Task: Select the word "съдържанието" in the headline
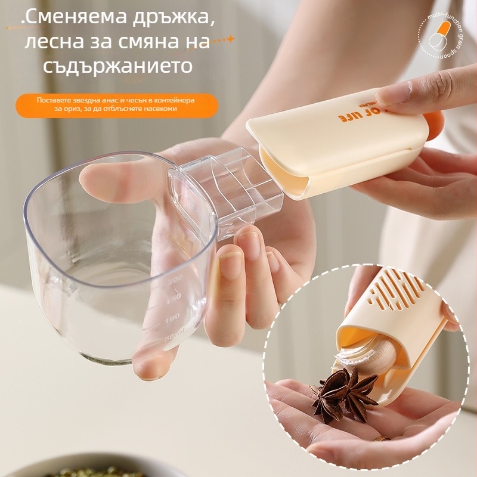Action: click(118, 66)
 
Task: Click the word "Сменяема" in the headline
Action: click(78, 18)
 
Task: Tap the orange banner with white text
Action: click(116, 104)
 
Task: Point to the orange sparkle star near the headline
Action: click(230, 39)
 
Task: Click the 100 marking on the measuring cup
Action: click(172, 319)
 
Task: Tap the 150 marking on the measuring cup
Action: click(173, 298)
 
